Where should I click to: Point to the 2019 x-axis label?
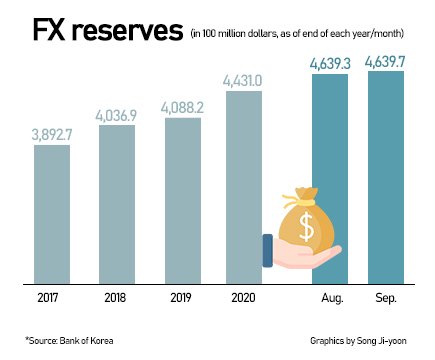182,299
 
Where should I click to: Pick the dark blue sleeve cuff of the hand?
267,249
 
